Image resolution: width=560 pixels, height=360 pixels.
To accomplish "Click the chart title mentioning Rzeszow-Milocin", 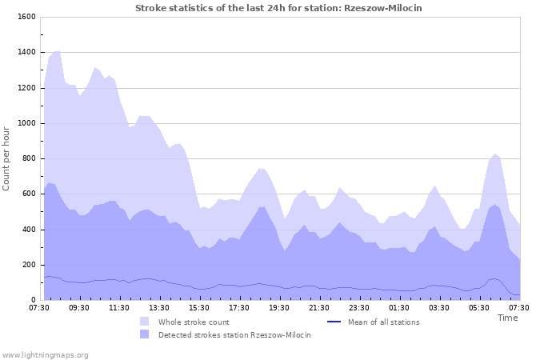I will point(278,8).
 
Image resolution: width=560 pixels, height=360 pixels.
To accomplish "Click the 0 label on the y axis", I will point(33,300).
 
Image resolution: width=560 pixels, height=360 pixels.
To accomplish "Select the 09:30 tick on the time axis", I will point(79,307).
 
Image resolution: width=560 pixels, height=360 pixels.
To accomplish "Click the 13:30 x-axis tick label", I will point(159,307).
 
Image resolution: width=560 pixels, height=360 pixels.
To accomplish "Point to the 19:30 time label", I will point(279,307).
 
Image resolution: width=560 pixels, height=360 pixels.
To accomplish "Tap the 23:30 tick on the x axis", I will point(359,307).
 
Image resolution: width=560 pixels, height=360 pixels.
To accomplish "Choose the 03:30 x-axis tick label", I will point(439,307).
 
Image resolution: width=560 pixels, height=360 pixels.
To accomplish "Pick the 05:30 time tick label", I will point(479,307).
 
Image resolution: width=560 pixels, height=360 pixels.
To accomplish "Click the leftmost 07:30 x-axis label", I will point(39,307).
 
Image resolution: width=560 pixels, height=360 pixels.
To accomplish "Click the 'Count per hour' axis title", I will point(7,158).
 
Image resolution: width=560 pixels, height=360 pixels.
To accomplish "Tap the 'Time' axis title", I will point(507,318).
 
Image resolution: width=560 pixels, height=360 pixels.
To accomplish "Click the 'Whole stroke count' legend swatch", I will point(144,322).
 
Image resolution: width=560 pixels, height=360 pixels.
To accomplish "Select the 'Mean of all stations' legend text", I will point(383,322).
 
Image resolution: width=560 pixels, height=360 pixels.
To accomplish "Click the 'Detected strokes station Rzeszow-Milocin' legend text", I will point(234,334).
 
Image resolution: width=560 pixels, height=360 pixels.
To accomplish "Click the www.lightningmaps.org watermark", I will point(45,354).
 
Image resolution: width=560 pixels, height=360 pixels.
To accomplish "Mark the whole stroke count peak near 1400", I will point(58,50).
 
